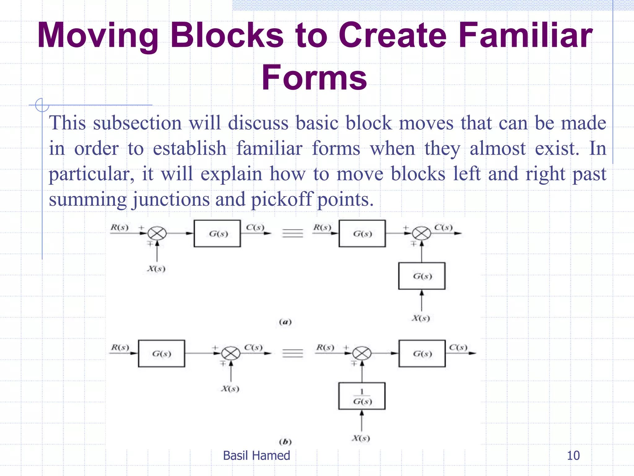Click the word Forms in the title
coord(314,77)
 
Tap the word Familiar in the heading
coord(525,36)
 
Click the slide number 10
coord(573,456)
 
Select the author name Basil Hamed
coord(256,456)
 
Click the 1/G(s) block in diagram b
coord(362,396)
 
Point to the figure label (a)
coord(285,322)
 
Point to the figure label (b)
coord(285,442)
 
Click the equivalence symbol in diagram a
coord(293,233)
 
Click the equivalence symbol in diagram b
coord(293,353)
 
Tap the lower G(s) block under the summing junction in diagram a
coord(422,276)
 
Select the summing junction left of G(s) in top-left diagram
coord(157,233)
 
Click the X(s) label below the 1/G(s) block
coord(361,438)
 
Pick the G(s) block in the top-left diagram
coord(217,234)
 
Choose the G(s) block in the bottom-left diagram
coord(162,354)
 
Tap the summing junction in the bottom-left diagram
coord(231,353)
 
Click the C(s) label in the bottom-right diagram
coord(458,347)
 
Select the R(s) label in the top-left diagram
coord(119,227)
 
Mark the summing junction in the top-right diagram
coord(422,233)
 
